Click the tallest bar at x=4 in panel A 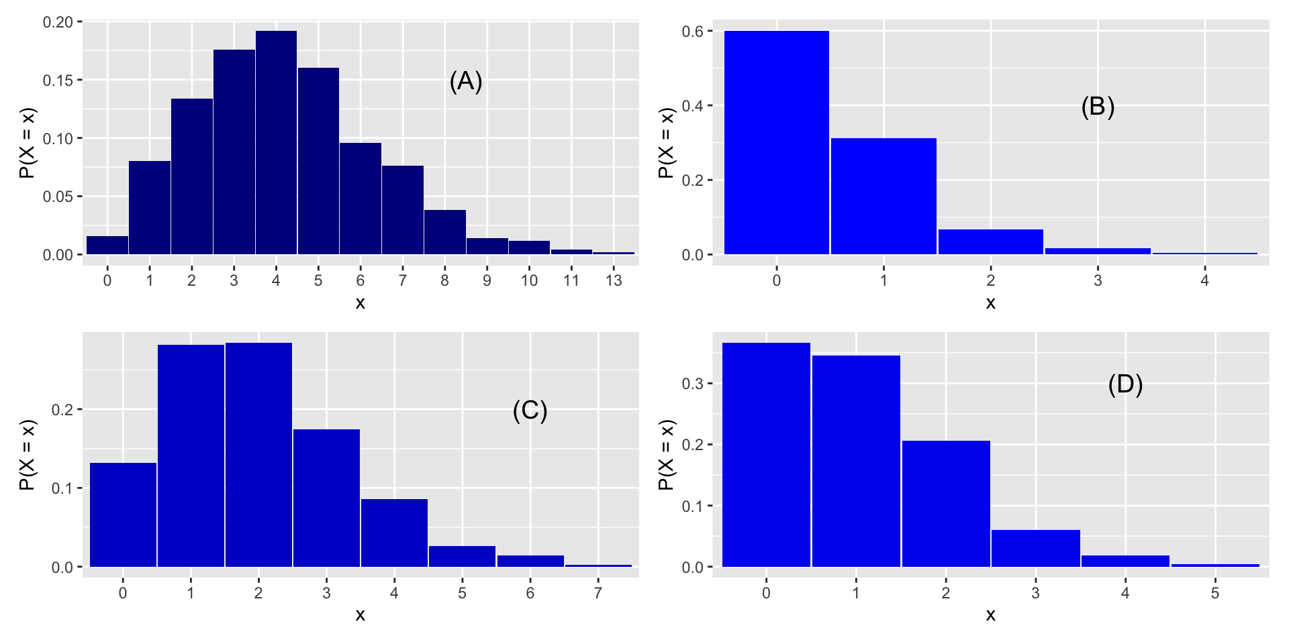point(276,143)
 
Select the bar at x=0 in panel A point(107,246)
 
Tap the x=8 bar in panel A point(444,232)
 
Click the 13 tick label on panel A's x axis point(614,280)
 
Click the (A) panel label point(466,81)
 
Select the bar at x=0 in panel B point(777,143)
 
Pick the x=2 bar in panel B point(991,242)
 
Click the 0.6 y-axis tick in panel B point(692,32)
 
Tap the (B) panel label point(1098,107)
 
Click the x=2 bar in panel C point(258,455)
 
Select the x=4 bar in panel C point(394,533)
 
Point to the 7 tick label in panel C point(598,593)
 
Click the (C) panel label point(530,411)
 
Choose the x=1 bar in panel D point(856,462)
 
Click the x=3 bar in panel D point(1036,549)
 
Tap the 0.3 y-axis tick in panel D point(692,384)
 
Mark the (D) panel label point(1125,384)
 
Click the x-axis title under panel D point(990,615)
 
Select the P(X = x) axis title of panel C point(27,455)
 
